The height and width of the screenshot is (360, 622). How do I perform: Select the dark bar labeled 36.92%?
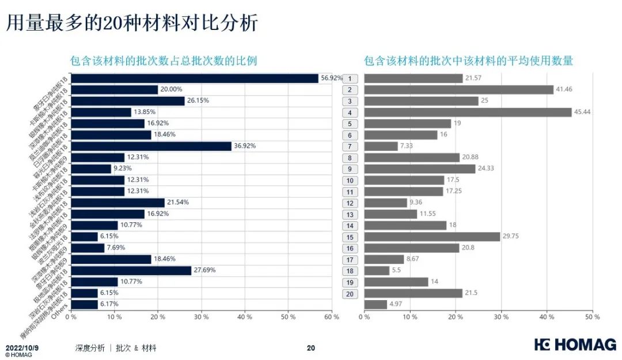(151, 146)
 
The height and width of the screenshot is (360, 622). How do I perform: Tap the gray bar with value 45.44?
(468, 112)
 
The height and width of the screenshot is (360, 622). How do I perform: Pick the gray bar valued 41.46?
(458, 90)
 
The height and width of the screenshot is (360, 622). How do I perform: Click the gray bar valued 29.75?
(432, 237)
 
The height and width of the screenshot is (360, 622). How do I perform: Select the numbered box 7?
(350, 146)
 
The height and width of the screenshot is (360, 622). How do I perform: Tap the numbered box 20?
(350, 293)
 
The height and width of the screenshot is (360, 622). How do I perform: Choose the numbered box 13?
(350, 214)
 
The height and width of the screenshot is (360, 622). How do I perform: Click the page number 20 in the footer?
(311, 348)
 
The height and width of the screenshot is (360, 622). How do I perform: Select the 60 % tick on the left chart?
(332, 317)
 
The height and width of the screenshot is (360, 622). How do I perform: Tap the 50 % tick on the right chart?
(588, 317)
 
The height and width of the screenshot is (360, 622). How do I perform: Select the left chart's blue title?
(163, 61)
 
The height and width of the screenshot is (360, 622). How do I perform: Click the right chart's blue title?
(468, 61)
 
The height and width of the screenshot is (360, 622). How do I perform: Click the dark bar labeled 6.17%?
(84, 304)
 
